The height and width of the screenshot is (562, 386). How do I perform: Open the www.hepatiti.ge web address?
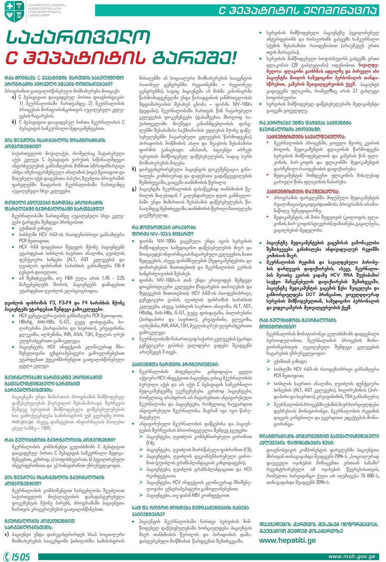tap(287, 540)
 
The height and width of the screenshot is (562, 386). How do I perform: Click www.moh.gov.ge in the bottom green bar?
tap(351, 557)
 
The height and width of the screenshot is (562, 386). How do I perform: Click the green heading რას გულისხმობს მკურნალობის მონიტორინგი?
tap(297, 323)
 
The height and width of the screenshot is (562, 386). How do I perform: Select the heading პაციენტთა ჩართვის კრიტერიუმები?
tap(181, 364)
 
